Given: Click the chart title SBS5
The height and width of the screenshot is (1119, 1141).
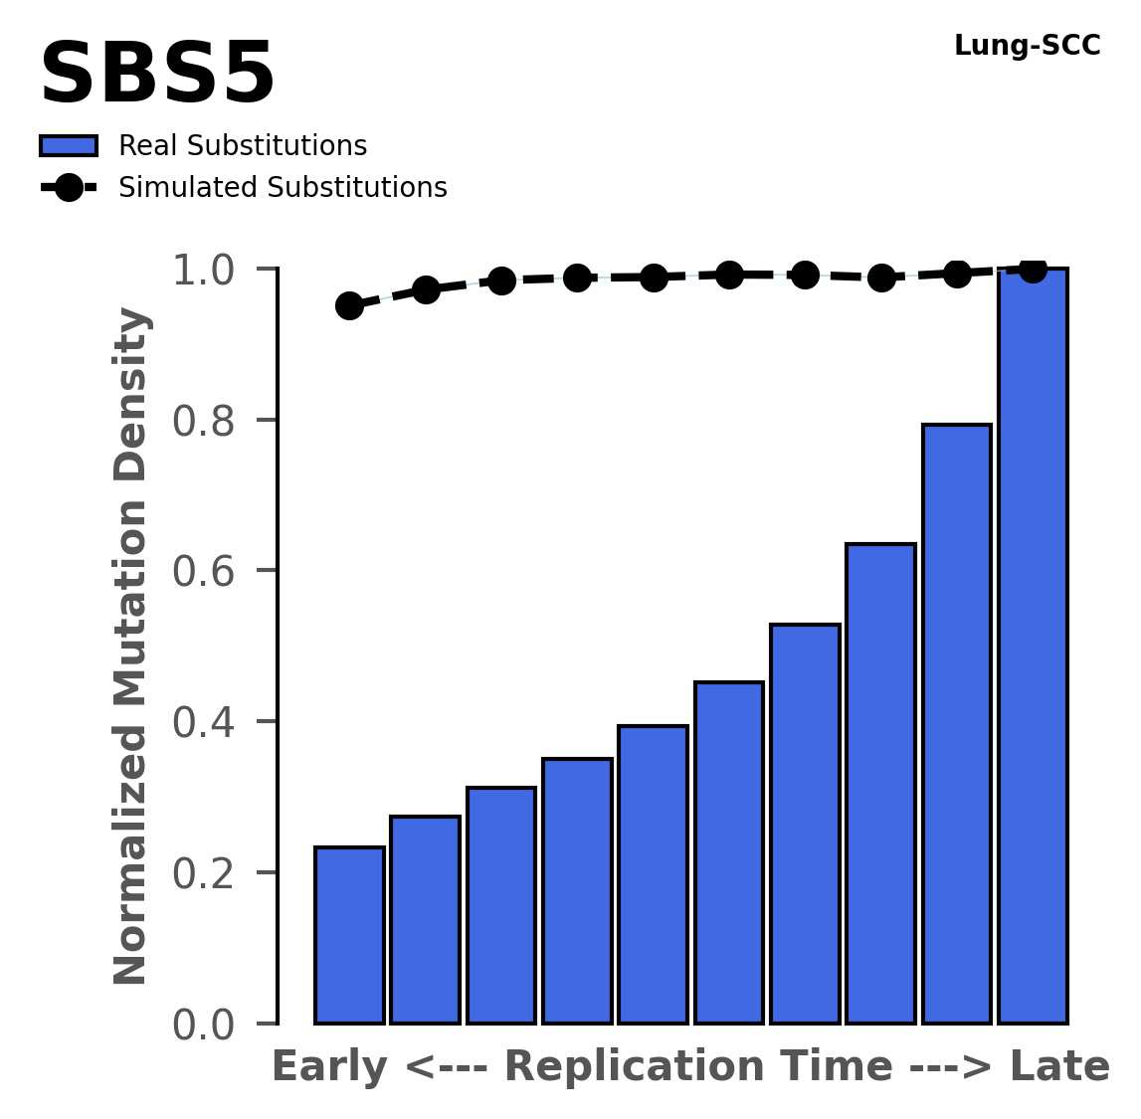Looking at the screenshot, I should click(x=157, y=76).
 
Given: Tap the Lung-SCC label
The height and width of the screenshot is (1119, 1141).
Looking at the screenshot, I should click(x=1027, y=46).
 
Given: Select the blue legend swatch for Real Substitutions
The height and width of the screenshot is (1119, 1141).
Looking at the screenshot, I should click(x=68, y=146).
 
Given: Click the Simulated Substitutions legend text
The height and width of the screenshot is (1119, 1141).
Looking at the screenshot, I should click(x=283, y=188).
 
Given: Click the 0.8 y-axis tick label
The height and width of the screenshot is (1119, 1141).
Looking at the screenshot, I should click(x=204, y=422).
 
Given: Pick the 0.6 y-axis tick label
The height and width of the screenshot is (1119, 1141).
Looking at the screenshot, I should click(x=204, y=572).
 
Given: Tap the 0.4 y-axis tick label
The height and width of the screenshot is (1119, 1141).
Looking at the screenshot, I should click(x=204, y=723).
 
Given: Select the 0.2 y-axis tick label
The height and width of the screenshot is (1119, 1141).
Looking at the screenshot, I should click(x=204, y=874).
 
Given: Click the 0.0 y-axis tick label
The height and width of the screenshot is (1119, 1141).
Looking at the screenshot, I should click(x=204, y=1026).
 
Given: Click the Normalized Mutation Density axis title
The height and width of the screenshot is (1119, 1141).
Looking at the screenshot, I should click(x=131, y=647).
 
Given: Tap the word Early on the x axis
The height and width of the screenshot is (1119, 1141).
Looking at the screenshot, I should click(x=329, y=1067).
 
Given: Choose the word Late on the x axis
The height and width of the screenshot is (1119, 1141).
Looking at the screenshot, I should click(x=1059, y=1067).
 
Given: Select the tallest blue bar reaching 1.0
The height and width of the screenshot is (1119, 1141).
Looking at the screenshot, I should click(x=1033, y=647).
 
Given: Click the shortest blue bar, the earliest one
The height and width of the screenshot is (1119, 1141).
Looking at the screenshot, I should click(x=349, y=935).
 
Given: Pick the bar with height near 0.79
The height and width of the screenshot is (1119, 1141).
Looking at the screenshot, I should click(x=956, y=724).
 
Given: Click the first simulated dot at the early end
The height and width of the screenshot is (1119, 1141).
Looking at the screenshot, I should click(x=349, y=305).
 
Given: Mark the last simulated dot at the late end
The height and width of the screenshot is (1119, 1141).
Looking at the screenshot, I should click(x=1033, y=269).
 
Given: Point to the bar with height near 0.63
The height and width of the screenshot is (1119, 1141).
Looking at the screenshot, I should click(x=880, y=784).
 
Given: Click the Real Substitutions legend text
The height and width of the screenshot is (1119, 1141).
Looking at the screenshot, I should click(x=243, y=146).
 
